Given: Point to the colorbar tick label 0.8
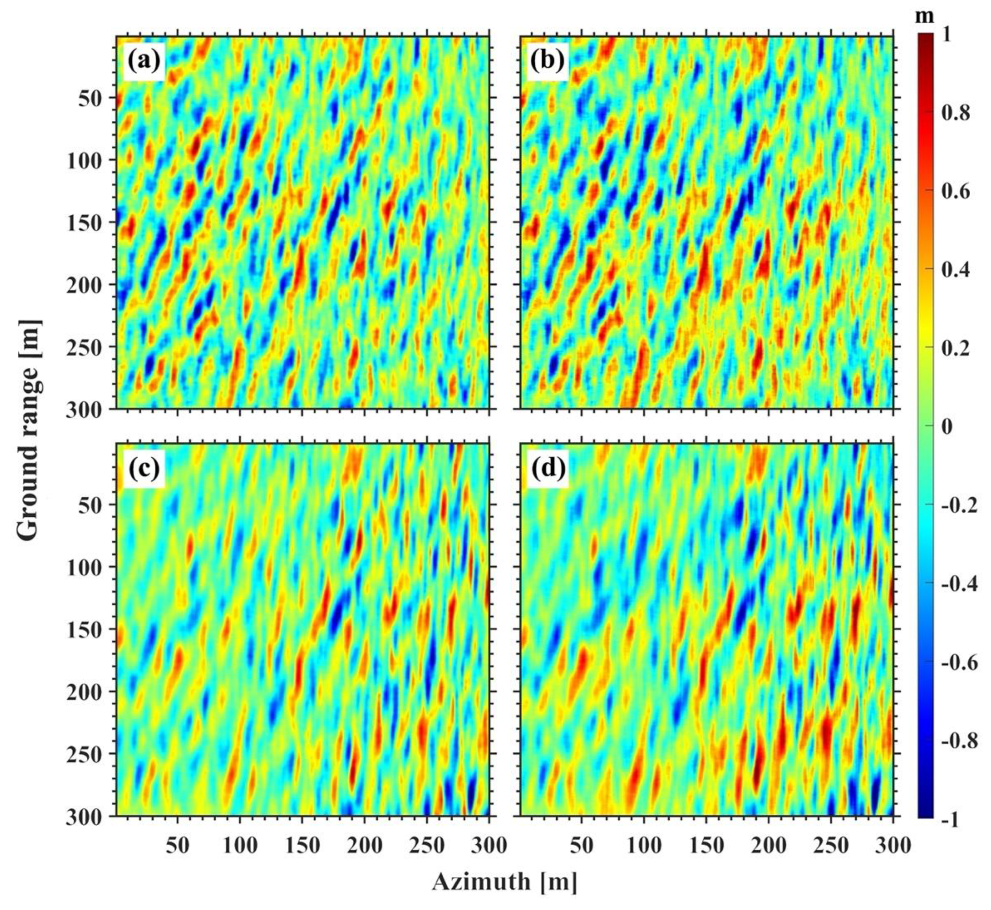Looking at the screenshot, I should point(955,113).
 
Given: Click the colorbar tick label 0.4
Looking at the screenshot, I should point(955,269).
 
